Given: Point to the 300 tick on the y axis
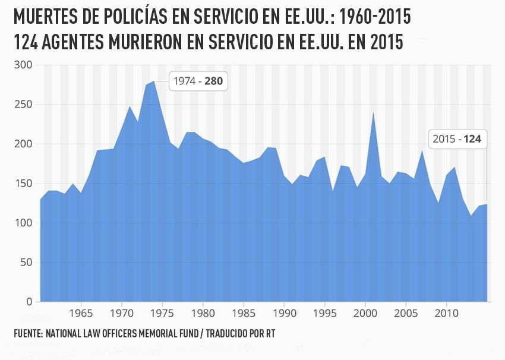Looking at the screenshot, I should coord(26,65).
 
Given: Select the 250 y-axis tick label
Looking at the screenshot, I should coord(26,105).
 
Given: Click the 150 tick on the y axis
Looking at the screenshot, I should coord(26,184).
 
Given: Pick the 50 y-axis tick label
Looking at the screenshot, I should coord(28,263).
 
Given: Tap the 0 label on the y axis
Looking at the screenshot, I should coord(30,302).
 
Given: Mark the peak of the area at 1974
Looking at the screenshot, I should coord(154,81).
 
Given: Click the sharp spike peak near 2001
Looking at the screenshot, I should coord(373,113).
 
